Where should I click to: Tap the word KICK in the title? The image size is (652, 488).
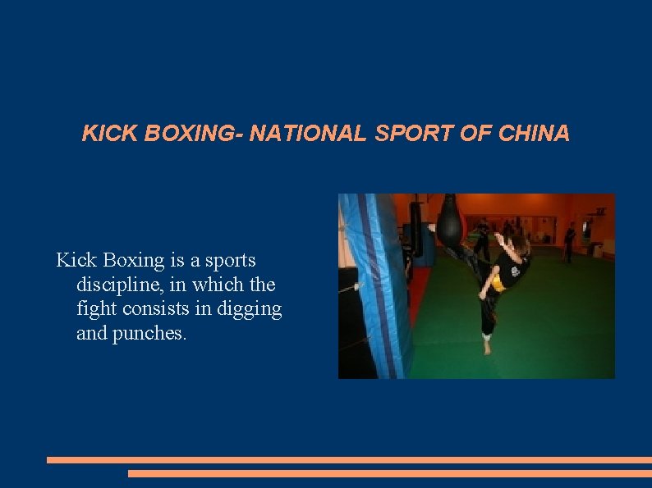coord(110,134)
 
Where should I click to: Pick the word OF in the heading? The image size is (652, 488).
coord(475,134)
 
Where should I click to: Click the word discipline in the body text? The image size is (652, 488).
coord(117,285)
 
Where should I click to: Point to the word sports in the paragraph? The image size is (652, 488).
coord(229,261)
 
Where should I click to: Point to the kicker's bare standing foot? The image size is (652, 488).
coord(488,346)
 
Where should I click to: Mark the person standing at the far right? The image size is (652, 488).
coord(569,244)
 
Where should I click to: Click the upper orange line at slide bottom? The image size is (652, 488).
coord(349,460)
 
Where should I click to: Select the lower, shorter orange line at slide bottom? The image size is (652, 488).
coord(389,473)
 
